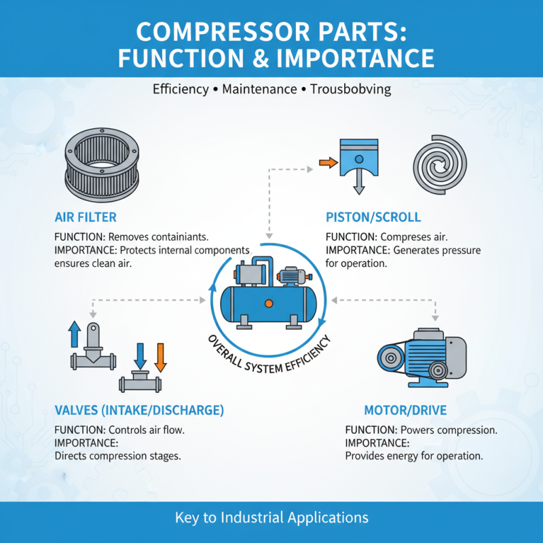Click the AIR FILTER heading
86,217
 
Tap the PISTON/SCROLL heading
373,217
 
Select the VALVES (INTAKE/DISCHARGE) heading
138,411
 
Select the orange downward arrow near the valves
161,356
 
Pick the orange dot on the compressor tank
269,301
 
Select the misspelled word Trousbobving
351,89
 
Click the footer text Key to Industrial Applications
271,517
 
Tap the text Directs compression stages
117,456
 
